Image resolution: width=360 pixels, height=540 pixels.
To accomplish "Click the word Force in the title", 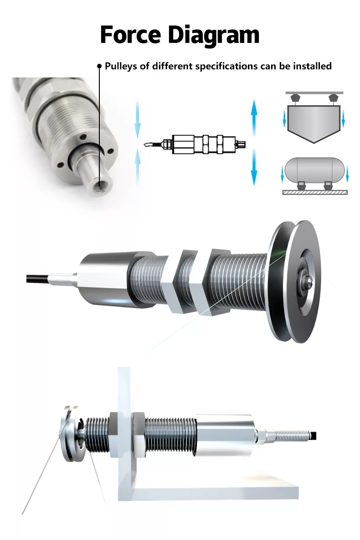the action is point(130,35).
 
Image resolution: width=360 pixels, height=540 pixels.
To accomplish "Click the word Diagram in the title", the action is point(214,36).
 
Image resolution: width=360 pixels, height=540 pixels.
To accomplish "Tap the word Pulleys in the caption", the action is point(121,66).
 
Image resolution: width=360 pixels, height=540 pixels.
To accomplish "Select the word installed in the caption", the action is point(312,66).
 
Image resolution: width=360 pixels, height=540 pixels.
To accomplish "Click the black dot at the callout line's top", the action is point(99,66).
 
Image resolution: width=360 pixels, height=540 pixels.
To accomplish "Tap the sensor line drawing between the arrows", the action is point(195,144).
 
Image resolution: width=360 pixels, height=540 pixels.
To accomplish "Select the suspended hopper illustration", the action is point(314,117).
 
